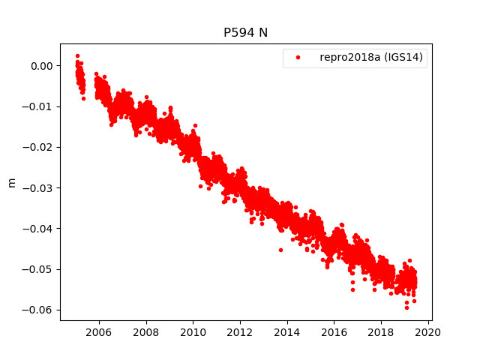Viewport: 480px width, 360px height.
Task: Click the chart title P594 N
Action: click(x=246, y=33)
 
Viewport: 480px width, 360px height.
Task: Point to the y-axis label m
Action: click(x=11, y=182)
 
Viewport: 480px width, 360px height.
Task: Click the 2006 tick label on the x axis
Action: click(x=99, y=332)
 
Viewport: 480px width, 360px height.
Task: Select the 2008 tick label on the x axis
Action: click(x=145, y=332)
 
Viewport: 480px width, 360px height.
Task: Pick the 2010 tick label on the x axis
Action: click(x=193, y=332)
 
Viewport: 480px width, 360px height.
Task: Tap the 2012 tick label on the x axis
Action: click(x=240, y=332)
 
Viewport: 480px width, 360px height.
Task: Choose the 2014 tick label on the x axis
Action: click(x=287, y=332)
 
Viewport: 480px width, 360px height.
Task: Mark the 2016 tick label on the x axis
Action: click(x=334, y=332)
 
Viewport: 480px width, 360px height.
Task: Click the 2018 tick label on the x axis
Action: click(x=381, y=332)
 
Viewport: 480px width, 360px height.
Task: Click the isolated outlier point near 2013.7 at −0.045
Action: click(x=280, y=250)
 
